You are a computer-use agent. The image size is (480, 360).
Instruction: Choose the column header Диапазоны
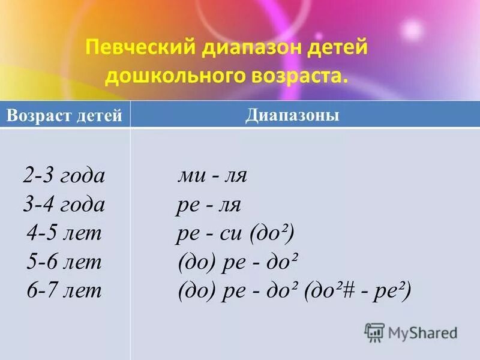(x=292, y=115)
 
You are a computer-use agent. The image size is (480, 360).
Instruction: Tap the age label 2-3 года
(x=64, y=176)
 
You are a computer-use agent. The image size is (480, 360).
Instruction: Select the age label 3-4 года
(x=64, y=205)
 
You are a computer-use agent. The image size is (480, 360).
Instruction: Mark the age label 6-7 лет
(x=64, y=291)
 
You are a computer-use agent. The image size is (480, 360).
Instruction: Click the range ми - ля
(x=212, y=176)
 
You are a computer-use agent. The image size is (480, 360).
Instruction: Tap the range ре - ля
(x=208, y=205)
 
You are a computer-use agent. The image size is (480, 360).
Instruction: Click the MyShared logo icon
(x=374, y=332)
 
